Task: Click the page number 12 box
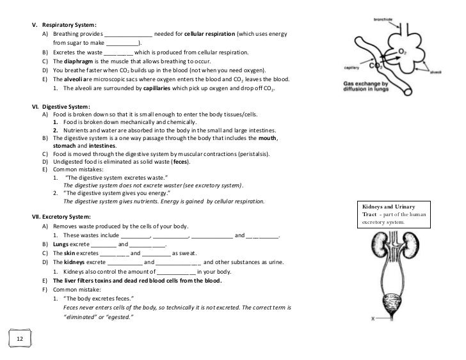point(20,338)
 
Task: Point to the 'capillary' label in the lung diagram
point(351,67)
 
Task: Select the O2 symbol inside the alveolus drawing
point(403,50)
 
